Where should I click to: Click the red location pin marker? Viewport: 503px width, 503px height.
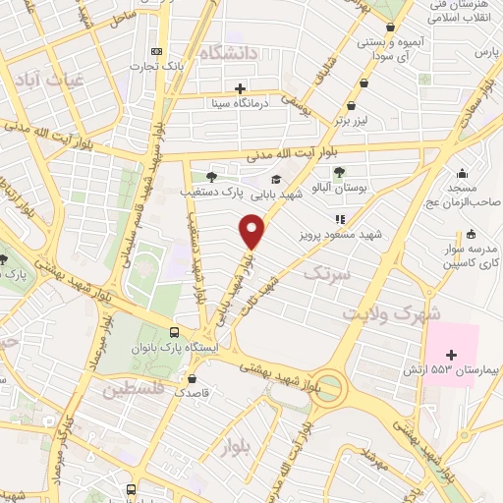[x=253, y=232]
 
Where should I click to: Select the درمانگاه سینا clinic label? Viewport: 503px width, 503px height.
[x=234, y=102]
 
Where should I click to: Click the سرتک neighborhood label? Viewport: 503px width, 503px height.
[x=328, y=272]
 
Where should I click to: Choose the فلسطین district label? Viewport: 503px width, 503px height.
[x=135, y=389]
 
